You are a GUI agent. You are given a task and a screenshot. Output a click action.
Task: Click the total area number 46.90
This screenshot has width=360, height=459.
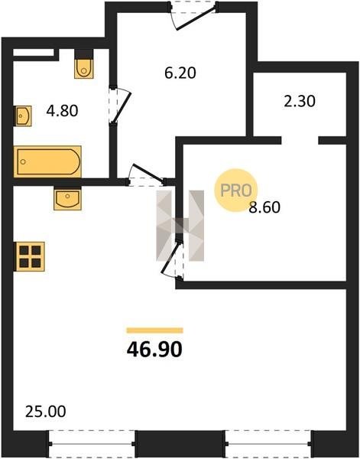tap(154, 350)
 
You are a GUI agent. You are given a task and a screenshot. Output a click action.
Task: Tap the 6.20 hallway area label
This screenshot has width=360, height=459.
tap(180, 73)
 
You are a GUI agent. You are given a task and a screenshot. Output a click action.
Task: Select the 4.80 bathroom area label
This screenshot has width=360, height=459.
tap(62, 111)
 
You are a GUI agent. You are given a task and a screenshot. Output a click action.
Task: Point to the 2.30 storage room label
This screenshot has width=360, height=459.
tap(300, 101)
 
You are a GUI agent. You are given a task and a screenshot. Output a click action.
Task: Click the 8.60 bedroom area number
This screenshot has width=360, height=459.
tap(264, 207)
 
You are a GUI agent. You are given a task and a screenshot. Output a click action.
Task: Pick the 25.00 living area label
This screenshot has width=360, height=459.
tap(46, 412)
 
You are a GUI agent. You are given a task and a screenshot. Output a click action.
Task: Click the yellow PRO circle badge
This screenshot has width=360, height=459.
tap(235, 190)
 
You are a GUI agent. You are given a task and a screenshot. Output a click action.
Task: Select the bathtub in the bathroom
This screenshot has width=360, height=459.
tap(47, 161)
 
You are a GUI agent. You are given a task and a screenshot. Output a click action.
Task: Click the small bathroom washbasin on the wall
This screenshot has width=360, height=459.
tap(23, 116)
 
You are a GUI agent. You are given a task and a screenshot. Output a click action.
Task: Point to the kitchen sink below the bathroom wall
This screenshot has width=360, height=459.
tap(67, 198)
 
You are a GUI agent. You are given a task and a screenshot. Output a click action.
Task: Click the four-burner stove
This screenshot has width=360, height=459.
tap(29, 256)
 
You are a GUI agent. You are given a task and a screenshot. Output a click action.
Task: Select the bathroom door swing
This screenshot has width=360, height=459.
tap(121, 105)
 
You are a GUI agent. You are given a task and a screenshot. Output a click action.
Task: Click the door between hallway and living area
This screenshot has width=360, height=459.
tap(146, 174)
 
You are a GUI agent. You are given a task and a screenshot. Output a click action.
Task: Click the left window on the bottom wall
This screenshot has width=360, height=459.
tap(92, 444)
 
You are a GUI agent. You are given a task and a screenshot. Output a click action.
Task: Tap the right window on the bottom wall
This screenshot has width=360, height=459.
tap(268, 444)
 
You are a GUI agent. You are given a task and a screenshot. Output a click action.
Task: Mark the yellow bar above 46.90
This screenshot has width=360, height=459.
tap(154, 330)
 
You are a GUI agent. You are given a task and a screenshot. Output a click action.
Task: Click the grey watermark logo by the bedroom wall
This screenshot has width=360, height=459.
tap(180, 226)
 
